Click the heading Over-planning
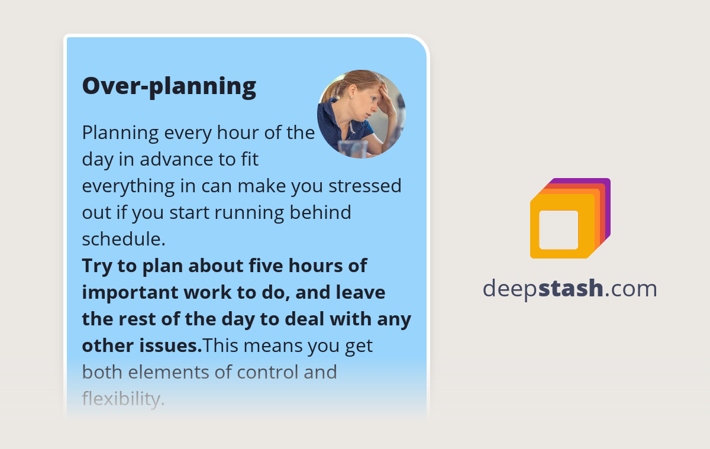coord(169,86)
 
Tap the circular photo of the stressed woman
coord(362,114)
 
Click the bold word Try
coord(97,266)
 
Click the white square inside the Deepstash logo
coord(559,230)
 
